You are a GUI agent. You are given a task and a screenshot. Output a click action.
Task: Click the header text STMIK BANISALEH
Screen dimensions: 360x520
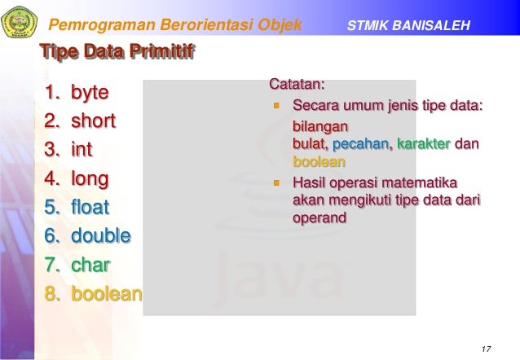pyautogui.click(x=408, y=26)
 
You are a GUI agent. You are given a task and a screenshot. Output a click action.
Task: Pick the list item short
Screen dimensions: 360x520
pyautogui.click(x=93, y=121)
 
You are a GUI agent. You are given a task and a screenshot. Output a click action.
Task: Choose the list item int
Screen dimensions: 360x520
pyautogui.click(x=82, y=150)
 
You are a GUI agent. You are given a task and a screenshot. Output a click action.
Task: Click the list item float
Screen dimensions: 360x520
pyautogui.click(x=90, y=207)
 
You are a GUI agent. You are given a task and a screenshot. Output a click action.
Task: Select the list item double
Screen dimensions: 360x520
pyautogui.click(x=100, y=236)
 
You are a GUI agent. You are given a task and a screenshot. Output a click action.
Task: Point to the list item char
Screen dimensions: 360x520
pyautogui.click(x=90, y=265)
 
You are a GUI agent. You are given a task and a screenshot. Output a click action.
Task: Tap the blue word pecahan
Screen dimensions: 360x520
pyautogui.click(x=361, y=144)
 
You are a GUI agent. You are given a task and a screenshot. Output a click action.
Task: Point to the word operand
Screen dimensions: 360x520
pyautogui.click(x=319, y=217)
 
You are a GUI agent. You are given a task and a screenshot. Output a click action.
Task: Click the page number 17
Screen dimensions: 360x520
pyautogui.click(x=487, y=349)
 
